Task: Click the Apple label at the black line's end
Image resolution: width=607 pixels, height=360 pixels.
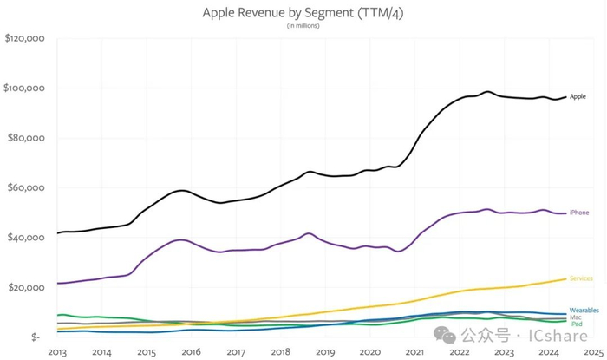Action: (x=578, y=97)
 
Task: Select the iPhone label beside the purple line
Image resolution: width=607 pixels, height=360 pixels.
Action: (x=580, y=213)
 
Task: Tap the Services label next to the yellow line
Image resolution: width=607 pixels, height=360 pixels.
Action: (x=581, y=278)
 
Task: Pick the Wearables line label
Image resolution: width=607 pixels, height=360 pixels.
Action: (x=584, y=310)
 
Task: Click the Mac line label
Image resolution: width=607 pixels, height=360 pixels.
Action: (x=576, y=317)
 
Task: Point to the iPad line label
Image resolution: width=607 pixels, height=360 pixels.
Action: (x=576, y=324)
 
